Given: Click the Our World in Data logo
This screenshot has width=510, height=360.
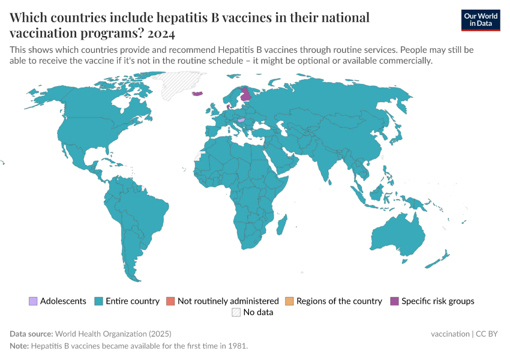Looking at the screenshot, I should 480,19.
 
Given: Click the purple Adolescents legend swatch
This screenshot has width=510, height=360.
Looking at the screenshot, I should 33,301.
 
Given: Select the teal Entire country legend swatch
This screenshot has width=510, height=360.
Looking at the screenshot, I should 99,301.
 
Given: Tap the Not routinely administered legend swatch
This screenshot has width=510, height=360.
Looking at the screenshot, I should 170,301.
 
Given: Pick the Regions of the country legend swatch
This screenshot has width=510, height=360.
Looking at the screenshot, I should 289,301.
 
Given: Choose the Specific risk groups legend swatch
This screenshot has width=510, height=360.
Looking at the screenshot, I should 394,301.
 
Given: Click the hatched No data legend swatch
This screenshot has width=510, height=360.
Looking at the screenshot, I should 236,312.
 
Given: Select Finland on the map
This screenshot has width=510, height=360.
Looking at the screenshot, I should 246,96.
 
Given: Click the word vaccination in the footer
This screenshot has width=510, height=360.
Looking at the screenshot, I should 450,334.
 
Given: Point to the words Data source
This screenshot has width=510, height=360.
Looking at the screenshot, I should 31,334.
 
